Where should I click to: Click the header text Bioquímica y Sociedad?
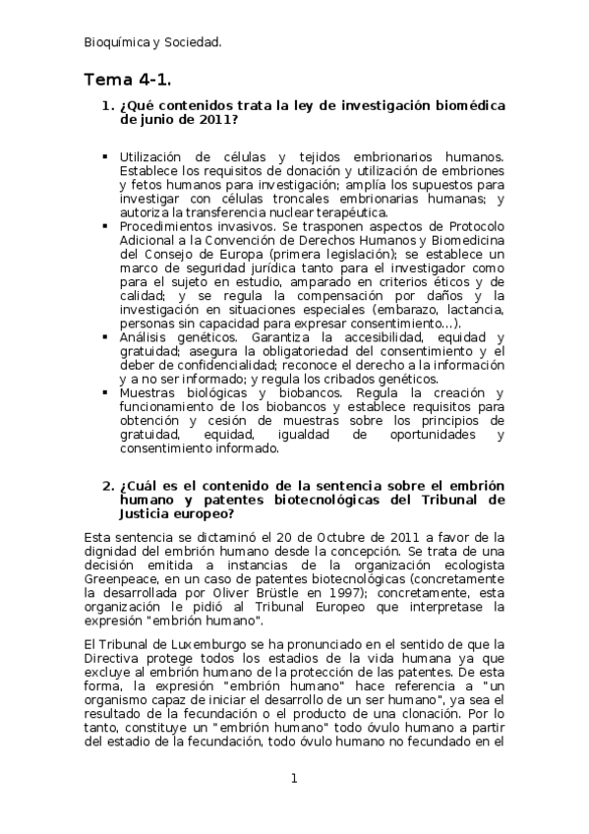click(x=152, y=41)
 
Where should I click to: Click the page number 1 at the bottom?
click(x=293, y=778)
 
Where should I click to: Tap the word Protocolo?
click(x=475, y=226)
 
